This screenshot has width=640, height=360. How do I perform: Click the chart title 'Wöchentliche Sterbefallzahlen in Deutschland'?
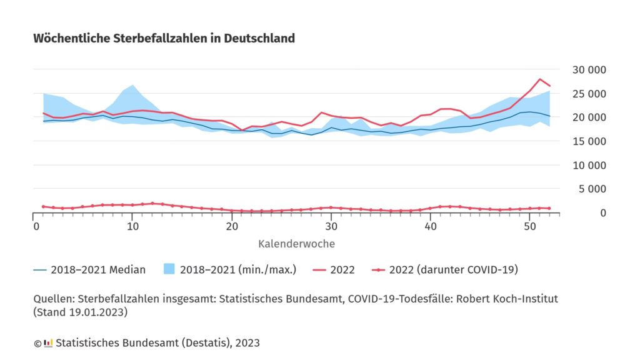pyautogui.click(x=164, y=39)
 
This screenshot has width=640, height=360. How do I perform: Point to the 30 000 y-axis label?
pyautogui.click(x=589, y=69)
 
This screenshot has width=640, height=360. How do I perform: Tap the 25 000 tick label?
pyautogui.click(x=589, y=94)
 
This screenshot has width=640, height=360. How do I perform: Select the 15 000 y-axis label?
pyautogui.click(x=589, y=141)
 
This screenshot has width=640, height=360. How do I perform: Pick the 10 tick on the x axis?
pyautogui.click(x=132, y=226)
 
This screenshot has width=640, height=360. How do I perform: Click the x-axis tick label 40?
pyautogui.click(x=431, y=226)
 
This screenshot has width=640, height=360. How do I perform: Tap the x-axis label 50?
pyautogui.click(x=530, y=226)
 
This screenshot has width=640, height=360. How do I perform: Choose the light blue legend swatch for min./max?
pyautogui.click(x=168, y=270)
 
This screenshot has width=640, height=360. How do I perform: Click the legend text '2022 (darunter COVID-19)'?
pyautogui.click(x=453, y=270)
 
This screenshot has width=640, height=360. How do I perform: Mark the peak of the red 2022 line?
pyautogui.click(x=539, y=79)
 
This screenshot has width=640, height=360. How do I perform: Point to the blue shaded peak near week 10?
pyautogui.click(x=133, y=85)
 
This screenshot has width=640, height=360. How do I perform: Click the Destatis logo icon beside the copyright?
pyautogui.click(x=48, y=343)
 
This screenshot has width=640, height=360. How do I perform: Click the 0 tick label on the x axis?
pyautogui.click(x=35, y=226)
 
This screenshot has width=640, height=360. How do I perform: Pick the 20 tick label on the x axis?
pyautogui.click(x=232, y=226)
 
